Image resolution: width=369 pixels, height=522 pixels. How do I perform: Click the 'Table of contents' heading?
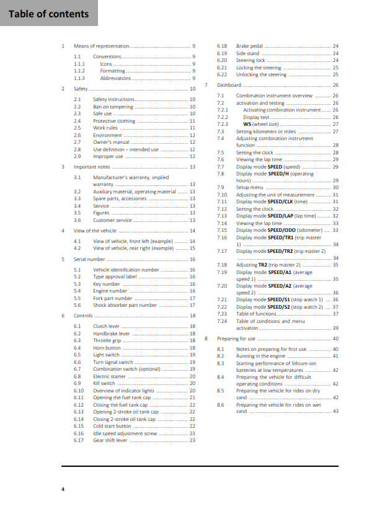(49, 14)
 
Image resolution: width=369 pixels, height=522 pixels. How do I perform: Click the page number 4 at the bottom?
(63, 490)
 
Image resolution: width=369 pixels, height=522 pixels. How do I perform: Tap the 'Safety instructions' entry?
(113, 99)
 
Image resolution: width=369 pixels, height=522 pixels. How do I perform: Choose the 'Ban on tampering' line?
(113, 107)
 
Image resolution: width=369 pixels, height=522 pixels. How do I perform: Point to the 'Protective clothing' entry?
(114, 121)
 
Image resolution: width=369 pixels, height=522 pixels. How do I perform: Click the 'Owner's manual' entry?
(110, 142)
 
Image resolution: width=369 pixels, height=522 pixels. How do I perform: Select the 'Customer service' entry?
(112, 220)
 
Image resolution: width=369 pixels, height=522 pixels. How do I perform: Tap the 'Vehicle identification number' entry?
(126, 270)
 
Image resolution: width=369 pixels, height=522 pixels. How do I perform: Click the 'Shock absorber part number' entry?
(125, 305)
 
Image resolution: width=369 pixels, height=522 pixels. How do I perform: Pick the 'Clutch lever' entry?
(106, 326)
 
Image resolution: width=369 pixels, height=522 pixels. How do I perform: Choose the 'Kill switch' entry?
(105, 384)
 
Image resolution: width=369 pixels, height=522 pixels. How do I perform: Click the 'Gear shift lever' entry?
(110, 440)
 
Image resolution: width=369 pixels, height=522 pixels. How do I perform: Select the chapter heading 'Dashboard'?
(229, 85)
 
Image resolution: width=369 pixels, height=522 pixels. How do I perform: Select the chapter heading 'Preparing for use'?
(236, 338)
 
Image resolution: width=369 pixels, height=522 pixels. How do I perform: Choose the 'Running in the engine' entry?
(260, 356)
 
